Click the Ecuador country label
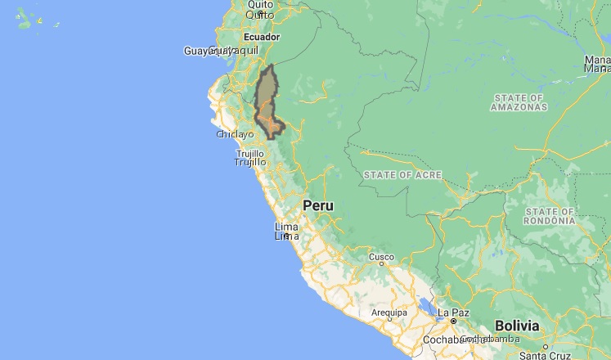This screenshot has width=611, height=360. (261, 37)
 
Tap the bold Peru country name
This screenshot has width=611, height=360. (318, 205)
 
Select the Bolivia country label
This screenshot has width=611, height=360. (516, 326)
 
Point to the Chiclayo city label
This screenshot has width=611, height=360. (236, 134)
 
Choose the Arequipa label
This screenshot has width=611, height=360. (389, 313)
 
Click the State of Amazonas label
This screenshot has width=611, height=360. (519, 102)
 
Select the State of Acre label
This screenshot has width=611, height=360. (402, 175)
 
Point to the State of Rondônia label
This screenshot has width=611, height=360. (551, 216)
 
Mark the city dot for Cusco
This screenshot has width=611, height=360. (381, 266)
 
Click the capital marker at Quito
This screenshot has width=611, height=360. (260, 13)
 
